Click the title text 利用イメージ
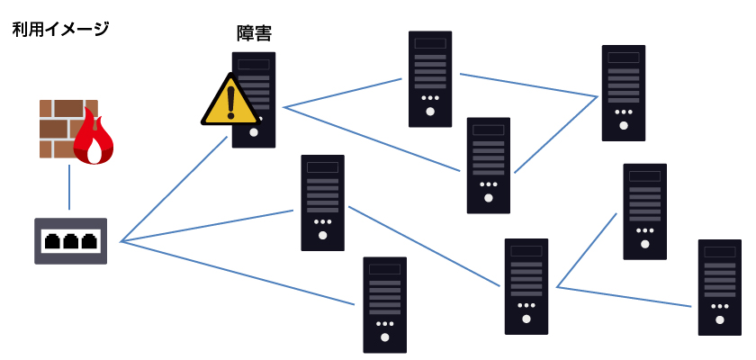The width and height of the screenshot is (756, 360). (60, 29)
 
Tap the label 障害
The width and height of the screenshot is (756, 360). (254, 33)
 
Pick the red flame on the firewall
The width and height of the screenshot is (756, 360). (93, 137)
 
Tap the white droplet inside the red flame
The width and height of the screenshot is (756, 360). (94, 153)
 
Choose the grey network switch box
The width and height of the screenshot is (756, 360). (70, 240)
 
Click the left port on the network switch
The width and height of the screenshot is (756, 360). (52, 241)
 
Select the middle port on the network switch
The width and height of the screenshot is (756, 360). (70, 241)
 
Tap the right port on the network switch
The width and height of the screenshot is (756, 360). (88, 241)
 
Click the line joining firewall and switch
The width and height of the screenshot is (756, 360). (69, 187)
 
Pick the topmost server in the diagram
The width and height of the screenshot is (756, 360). (430, 78)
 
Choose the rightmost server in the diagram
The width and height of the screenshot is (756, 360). (719, 286)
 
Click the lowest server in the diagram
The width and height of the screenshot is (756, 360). (384, 304)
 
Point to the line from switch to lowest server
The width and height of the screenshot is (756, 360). (238, 273)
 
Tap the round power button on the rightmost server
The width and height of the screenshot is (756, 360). (719, 319)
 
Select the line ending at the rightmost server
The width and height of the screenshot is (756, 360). (625, 297)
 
